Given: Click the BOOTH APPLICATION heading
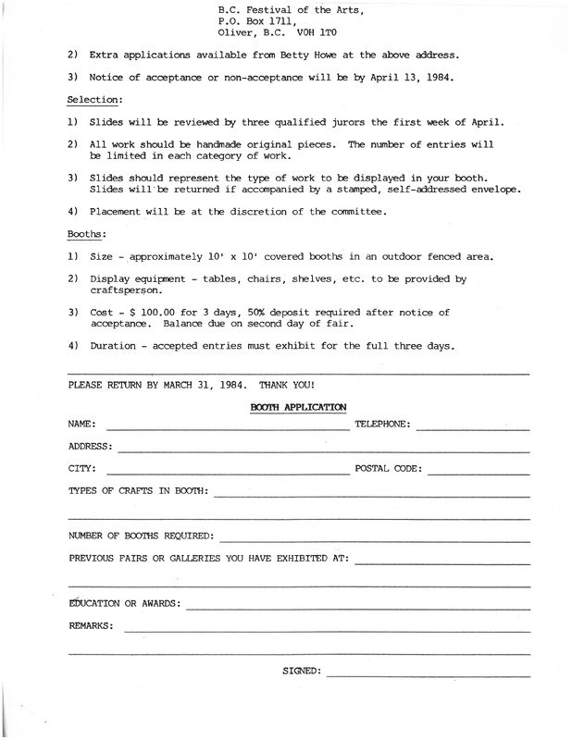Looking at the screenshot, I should click(x=298, y=405).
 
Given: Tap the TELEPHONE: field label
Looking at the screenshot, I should click(x=383, y=425).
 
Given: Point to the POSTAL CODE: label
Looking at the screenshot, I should click(x=388, y=469).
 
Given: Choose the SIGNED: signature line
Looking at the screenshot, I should click(x=429, y=675).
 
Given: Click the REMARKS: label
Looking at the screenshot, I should click(x=92, y=626).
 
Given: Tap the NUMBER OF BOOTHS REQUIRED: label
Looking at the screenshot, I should click(x=142, y=536).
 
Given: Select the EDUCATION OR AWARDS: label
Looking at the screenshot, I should click(x=125, y=604).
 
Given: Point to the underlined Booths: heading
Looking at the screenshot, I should click(x=88, y=235).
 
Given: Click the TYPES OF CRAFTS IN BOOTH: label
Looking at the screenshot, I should click(x=139, y=490).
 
